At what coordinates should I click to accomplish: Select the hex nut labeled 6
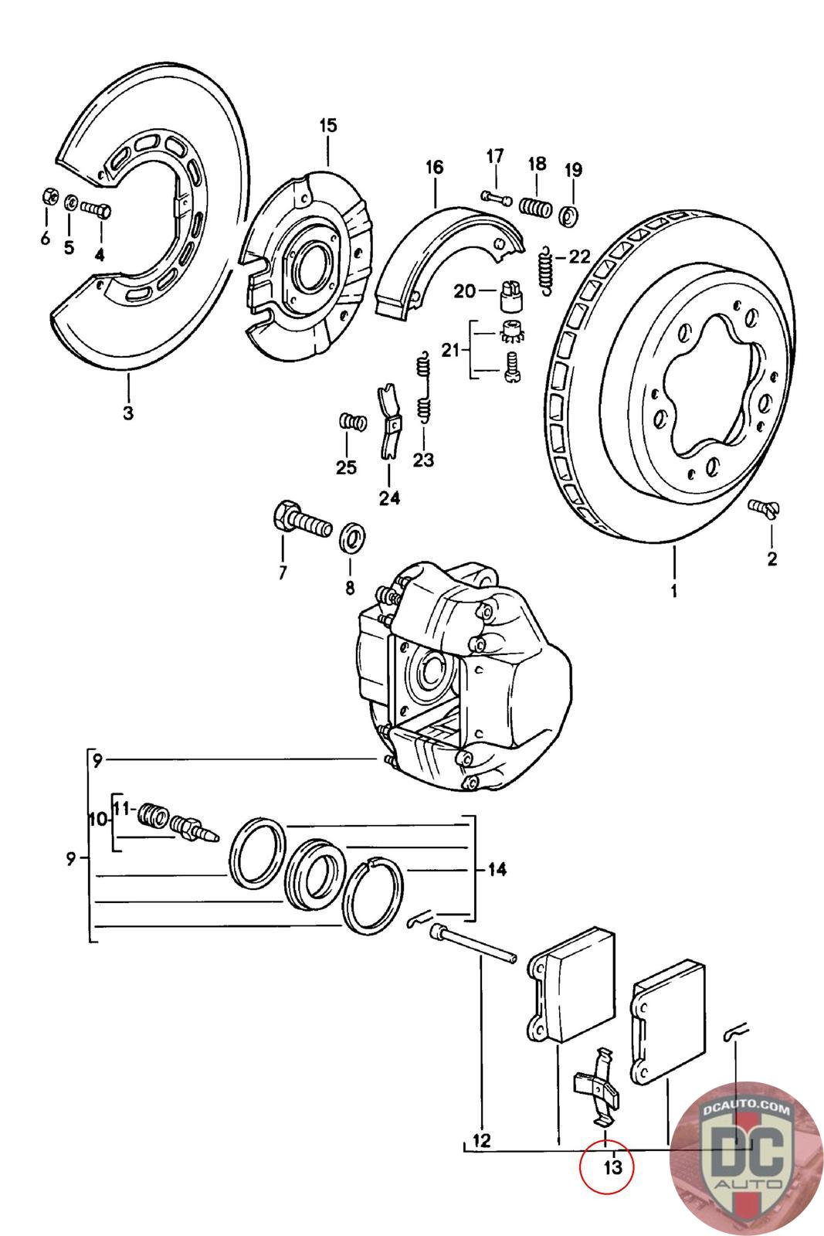(x=46, y=197)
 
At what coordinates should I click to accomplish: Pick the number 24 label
(x=389, y=498)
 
